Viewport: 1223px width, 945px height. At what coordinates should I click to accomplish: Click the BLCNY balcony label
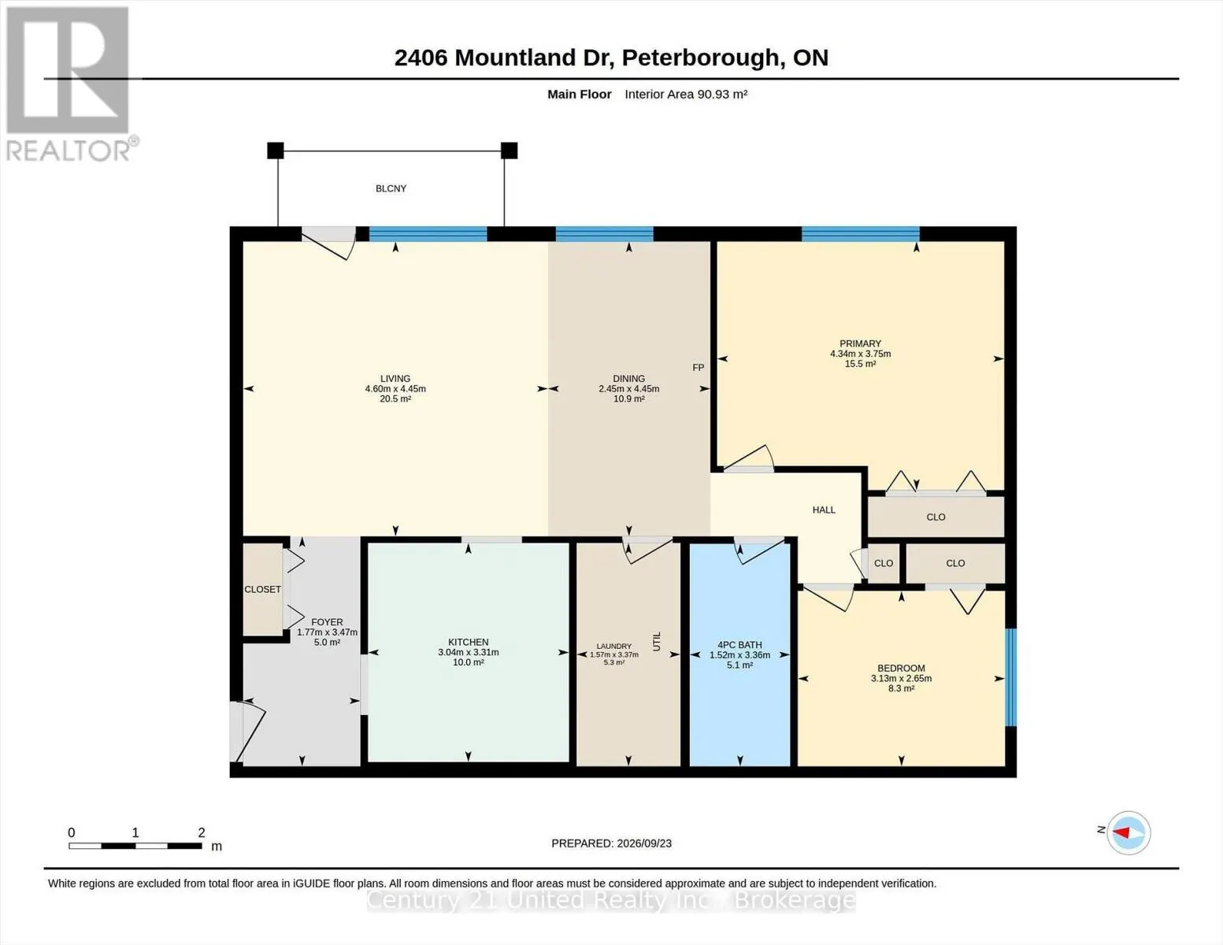391,188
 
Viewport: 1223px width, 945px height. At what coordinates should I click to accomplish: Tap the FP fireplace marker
698,368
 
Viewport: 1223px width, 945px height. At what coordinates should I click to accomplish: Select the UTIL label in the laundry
656,642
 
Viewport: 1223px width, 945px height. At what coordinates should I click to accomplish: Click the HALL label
824,510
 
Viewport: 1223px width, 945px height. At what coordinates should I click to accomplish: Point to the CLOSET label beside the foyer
262,589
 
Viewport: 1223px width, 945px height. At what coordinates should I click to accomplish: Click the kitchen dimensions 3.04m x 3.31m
469,652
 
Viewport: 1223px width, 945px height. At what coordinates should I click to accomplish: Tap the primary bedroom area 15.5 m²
860,364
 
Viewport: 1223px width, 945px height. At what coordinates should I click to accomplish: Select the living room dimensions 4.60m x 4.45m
395,389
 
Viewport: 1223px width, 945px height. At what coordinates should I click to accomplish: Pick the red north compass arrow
1121,832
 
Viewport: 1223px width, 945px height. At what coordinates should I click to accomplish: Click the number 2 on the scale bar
202,832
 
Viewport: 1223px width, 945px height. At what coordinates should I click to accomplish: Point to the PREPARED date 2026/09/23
644,843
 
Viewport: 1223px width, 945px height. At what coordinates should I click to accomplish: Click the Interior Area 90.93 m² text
685,94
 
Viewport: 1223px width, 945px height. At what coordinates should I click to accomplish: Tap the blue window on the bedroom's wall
1011,678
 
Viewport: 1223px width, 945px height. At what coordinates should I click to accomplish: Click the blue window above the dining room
605,234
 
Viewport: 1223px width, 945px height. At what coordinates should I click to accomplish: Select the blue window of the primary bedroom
861,234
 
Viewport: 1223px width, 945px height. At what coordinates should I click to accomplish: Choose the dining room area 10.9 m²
628,399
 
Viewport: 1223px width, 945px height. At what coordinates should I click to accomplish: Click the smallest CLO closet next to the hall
884,563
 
